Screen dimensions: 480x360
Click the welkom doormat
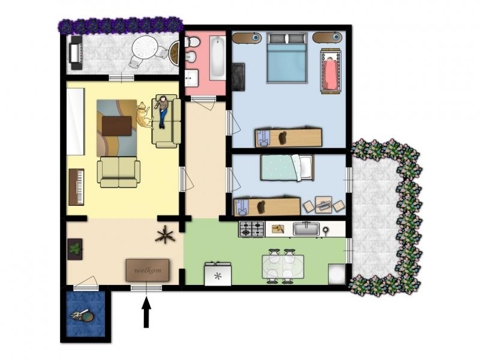(x=147, y=270)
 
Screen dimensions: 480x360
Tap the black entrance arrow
(x=146, y=312)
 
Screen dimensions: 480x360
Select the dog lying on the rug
(x=143, y=115)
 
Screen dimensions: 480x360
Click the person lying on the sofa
(x=162, y=112)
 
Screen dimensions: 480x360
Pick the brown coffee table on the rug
(x=116, y=126)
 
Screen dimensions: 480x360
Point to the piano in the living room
(x=76, y=187)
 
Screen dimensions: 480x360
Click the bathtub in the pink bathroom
(x=218, y=56)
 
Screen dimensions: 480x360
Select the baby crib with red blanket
(x=331, y=71)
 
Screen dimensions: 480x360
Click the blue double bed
(x=287, y=58)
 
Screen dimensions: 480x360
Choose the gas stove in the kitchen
(x=251, y=229)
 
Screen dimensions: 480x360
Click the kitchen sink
(x=306, y=229)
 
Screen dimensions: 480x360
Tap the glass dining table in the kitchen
(x=283, y=266)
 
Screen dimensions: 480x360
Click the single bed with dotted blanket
(x=287, y=167)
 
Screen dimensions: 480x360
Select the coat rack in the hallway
(x=165, y=234)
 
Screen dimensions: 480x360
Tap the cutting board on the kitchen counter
(x=278, y=229)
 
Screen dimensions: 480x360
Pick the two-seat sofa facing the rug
(x=118, y=172)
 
